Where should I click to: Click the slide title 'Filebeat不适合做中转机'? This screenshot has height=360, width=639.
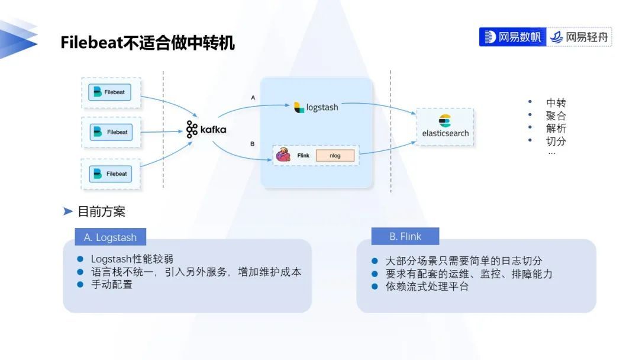[147, 43]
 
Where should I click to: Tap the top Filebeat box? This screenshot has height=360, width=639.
[110, 92]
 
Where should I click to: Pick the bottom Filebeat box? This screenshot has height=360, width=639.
[111, 174]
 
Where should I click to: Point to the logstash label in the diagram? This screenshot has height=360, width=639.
[317, 107]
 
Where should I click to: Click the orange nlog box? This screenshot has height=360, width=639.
[335, 156]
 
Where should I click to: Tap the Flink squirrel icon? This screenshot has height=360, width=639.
[283, 155]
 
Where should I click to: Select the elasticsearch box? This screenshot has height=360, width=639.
[445, 127]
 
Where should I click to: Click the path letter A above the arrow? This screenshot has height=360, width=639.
[253, 97]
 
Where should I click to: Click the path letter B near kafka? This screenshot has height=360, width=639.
[253, 144]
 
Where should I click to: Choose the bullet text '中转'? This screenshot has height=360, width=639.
[556, 102]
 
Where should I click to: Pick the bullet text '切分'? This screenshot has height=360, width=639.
[556, 141]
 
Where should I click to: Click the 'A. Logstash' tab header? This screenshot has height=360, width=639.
[110, 237]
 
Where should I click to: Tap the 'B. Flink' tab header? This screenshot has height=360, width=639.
[405, 236]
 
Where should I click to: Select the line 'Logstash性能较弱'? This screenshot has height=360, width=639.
[132, 259]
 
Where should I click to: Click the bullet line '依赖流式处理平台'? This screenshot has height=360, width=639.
[427, 287]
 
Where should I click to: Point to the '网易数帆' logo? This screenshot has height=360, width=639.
[512, 37]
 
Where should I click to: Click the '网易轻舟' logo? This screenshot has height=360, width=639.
[579, 37]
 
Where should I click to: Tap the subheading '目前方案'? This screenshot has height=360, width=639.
[101, 211]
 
